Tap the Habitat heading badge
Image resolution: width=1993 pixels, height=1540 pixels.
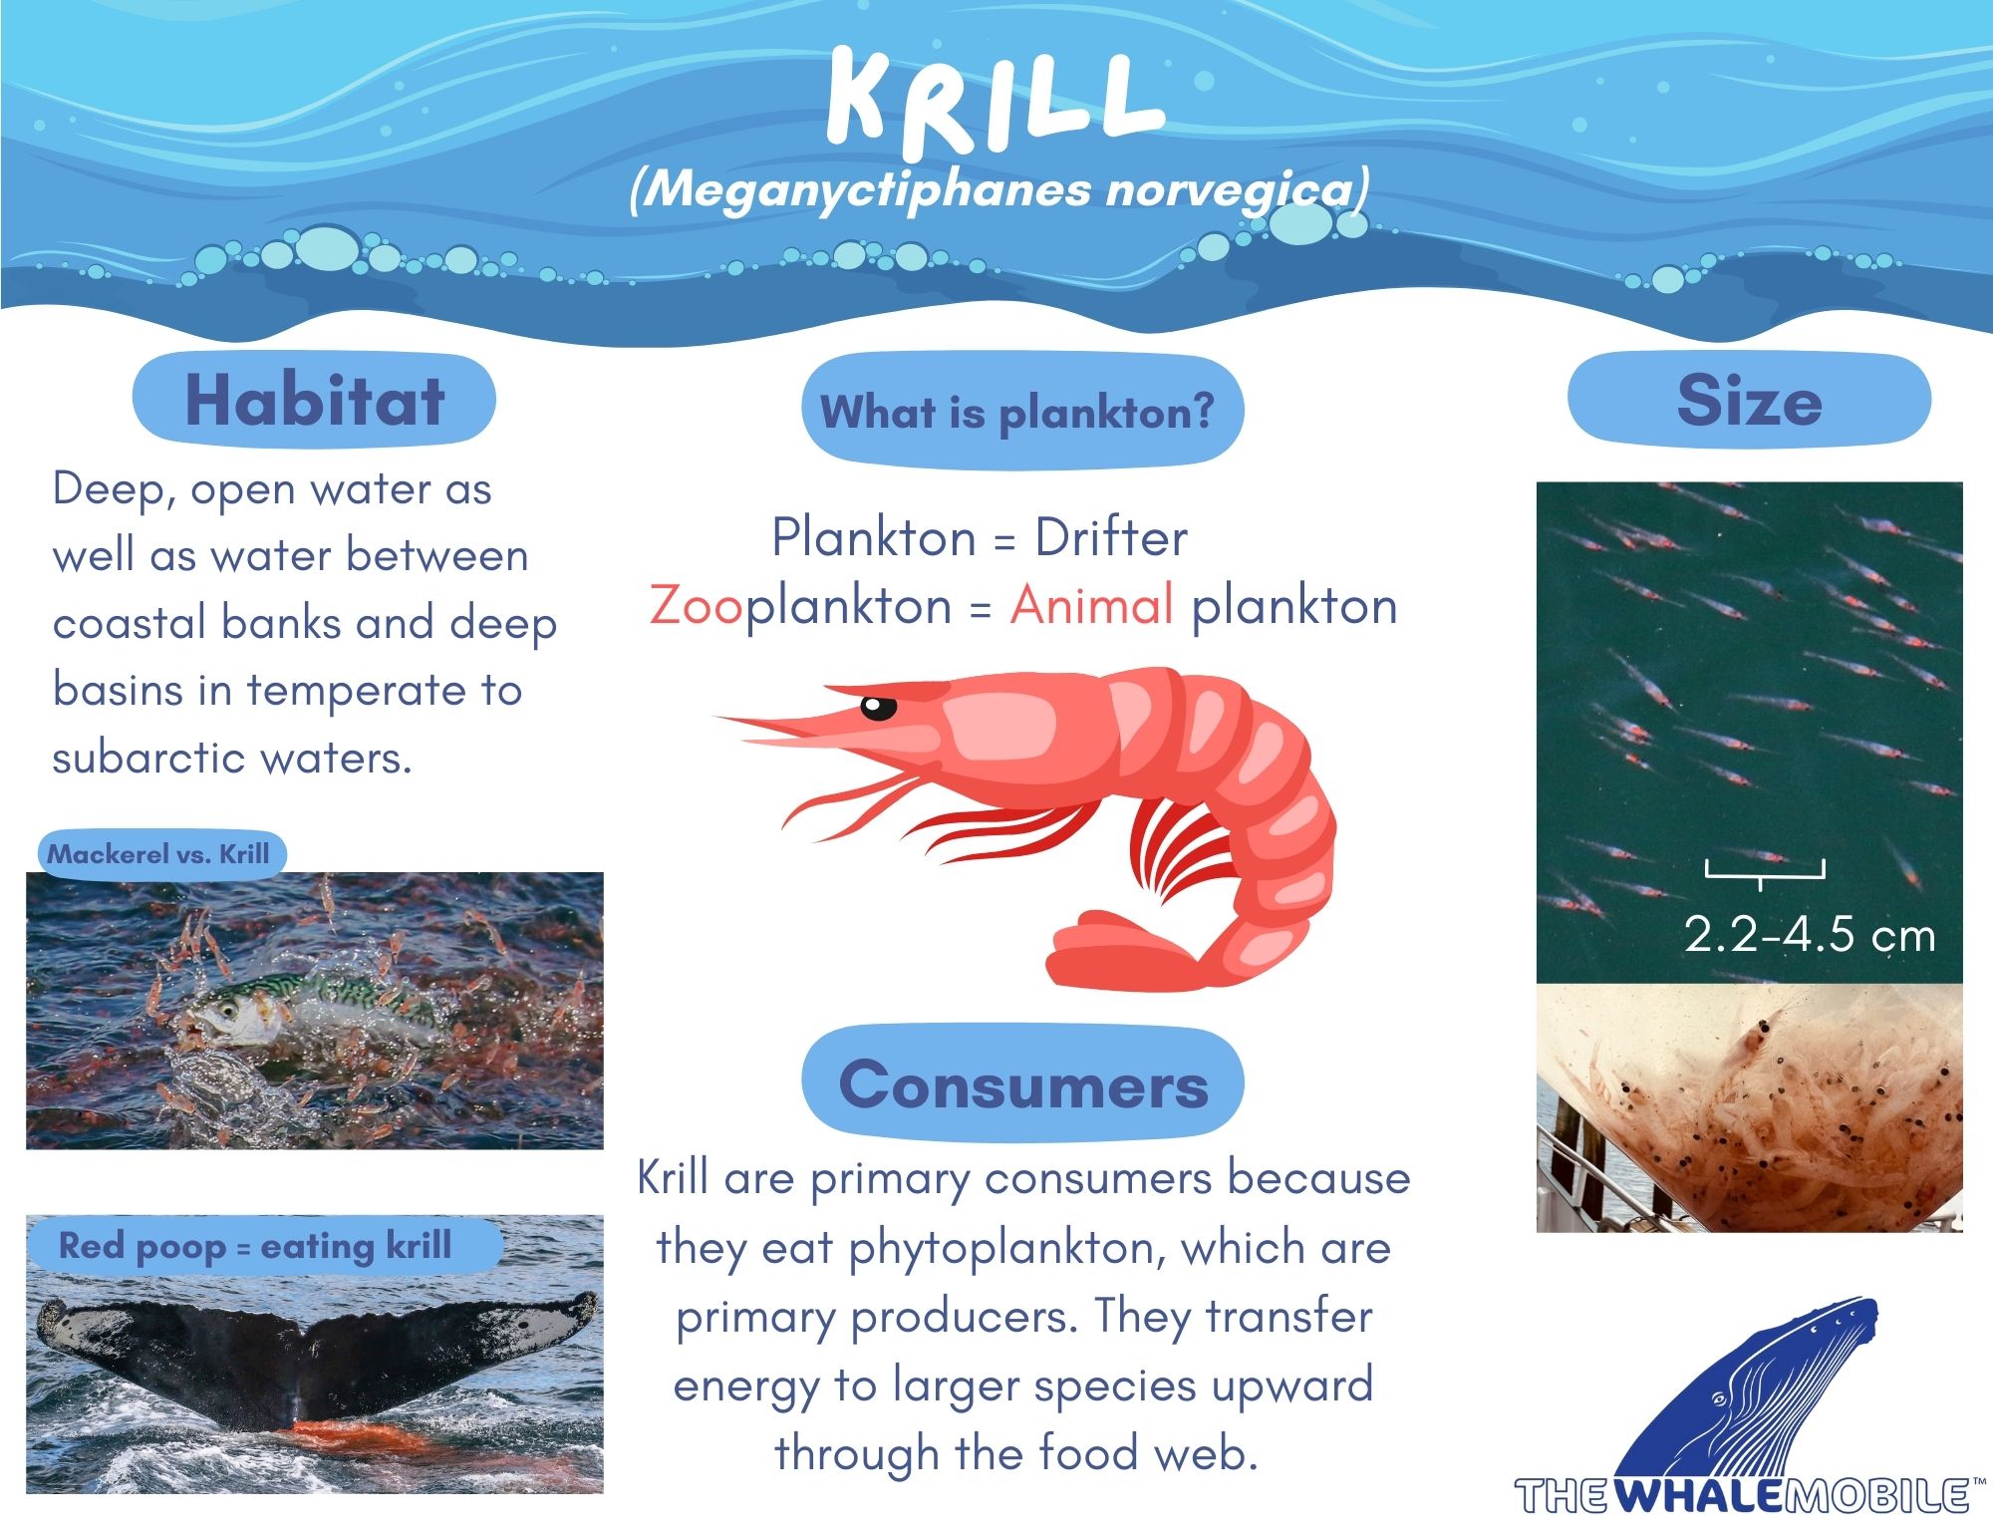(x=314, y=400)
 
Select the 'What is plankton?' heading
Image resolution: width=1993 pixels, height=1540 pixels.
(x=1022, y=412)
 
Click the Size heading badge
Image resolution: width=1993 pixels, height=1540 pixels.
(x=1749, y=400)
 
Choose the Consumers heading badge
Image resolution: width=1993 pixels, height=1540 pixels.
(x=1022, y=1083)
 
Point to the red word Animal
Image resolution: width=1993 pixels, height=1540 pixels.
(x=1091, y=605)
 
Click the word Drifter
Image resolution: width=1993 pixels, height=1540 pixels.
(x=1111, y=538)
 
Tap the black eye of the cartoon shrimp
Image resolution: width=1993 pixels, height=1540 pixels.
(x=878, y=707)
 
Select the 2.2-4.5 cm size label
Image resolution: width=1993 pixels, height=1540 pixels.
(x=1809, y=935)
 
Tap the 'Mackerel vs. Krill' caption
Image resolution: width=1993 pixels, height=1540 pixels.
(x=159, y=854)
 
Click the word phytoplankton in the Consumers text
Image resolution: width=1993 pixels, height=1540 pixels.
(x=1007, y=1249)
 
